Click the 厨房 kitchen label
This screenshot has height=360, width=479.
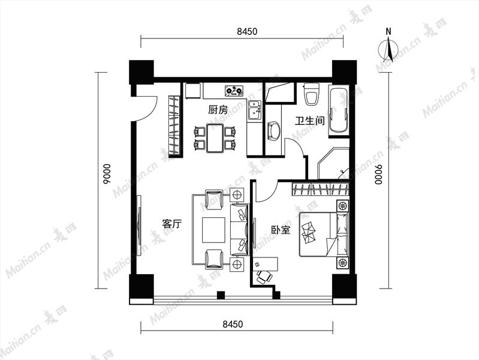218,109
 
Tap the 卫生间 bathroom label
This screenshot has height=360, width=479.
309,121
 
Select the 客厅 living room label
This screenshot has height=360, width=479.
172,224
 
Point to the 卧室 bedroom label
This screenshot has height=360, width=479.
281,230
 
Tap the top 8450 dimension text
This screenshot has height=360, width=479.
247,32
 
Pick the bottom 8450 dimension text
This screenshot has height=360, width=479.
233,324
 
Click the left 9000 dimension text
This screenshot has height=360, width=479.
107,175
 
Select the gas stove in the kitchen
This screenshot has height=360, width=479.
234,91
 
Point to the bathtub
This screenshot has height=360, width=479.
339,110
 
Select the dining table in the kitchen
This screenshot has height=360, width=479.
215,137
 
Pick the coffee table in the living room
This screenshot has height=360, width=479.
213,230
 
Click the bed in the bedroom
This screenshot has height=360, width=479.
324,234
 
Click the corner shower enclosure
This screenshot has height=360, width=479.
333,164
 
